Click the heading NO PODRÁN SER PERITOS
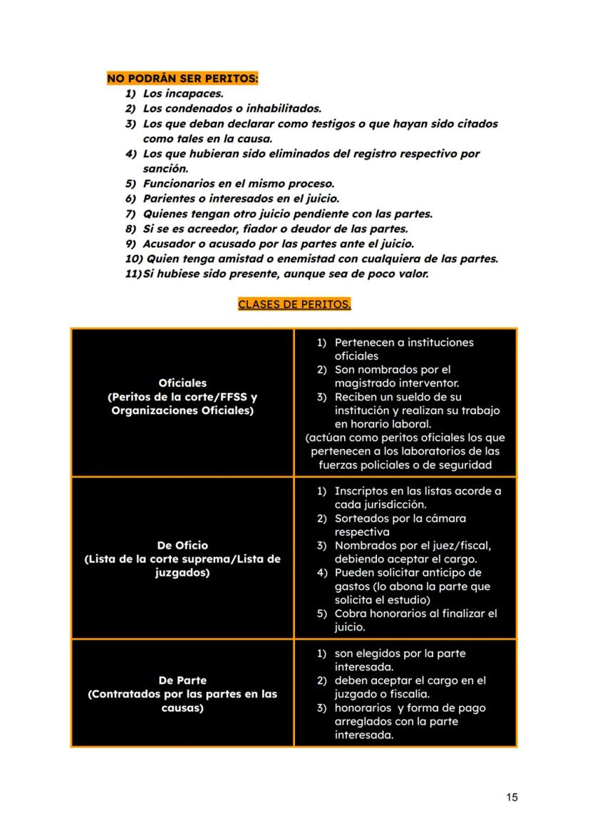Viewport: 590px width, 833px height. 182,78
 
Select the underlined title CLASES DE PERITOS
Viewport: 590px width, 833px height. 294,304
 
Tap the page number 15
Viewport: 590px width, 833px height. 512,797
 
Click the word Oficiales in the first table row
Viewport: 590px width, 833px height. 182,383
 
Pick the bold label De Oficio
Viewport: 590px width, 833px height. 182,546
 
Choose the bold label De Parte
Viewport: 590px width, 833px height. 182,681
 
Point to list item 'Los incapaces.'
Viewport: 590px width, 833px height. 183,93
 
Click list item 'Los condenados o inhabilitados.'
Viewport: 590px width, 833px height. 232,108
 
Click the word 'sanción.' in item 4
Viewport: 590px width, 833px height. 165,169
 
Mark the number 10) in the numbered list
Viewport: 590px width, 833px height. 133,259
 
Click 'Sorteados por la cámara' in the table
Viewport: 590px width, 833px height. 400,518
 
